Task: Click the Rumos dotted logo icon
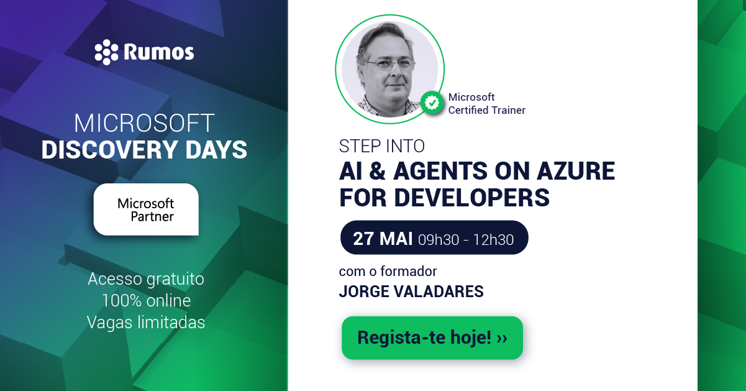106,52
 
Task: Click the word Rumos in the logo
159,52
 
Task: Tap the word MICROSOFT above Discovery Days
144,123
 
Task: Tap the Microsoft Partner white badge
146,209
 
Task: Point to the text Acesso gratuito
146,279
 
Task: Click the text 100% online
146,301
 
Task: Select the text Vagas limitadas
146,323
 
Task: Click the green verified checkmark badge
432,103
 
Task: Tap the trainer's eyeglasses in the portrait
391,64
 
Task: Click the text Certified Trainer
486,110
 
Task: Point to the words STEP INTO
381,146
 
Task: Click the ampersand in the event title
378,171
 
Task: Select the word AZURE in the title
576,171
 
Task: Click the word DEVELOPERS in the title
471,197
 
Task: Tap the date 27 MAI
383,239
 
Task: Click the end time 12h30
493,240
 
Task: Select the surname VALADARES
439,292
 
